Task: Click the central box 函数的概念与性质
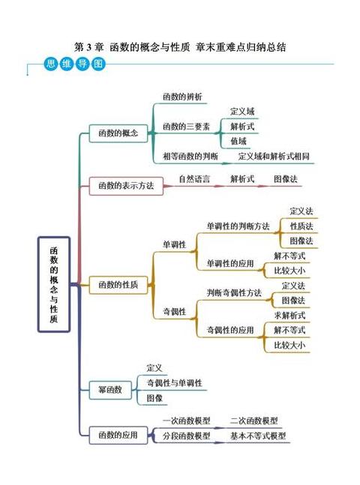[54, 285]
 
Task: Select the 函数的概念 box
[118, 133]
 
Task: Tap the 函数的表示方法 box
[126, 186]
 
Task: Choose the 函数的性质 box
[118, 285]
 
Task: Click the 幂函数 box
[110, 390]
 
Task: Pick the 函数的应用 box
[118, 436]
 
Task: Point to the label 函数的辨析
[182, 97]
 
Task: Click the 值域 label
[238, 142]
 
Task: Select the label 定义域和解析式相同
[274, 156]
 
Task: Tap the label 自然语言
[194, 178]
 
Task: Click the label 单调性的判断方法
[238, 226]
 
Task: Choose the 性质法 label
[301, 226]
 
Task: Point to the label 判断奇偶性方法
[234, 293]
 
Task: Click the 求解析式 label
[289, 316]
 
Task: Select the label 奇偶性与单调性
[174, 383]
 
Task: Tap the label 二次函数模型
[253, 421]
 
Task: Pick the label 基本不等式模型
[258, 436]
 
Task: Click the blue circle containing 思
[51, 64]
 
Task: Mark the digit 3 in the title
[88, 47]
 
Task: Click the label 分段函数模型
[187, 436]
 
